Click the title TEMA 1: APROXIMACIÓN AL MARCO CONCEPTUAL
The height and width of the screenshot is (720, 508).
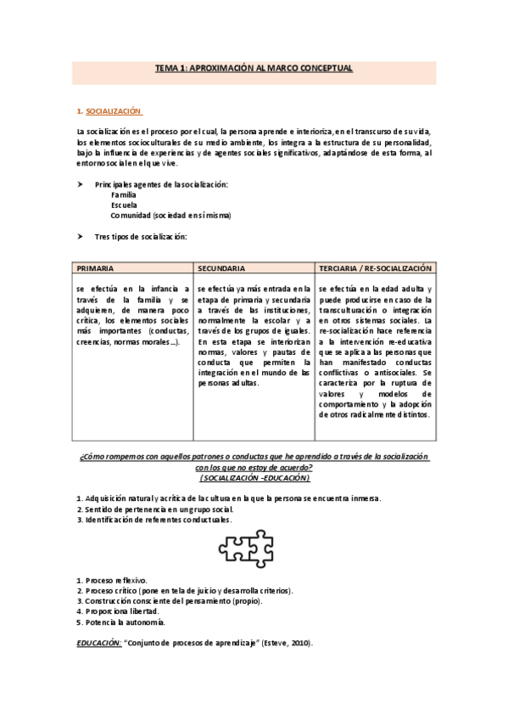[254, 67]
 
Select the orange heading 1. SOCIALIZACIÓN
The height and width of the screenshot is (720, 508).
[112, 110]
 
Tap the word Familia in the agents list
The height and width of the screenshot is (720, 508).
[123, 194]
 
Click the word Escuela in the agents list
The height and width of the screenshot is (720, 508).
[124, 205]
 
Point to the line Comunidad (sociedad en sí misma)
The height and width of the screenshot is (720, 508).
[170, 216]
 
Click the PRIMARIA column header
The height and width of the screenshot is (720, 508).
[96, 267]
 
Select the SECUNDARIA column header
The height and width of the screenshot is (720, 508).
[222, 267]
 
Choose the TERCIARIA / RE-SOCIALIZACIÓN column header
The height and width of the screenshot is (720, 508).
[376, 267]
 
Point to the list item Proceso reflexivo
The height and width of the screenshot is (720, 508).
[114, 579]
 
